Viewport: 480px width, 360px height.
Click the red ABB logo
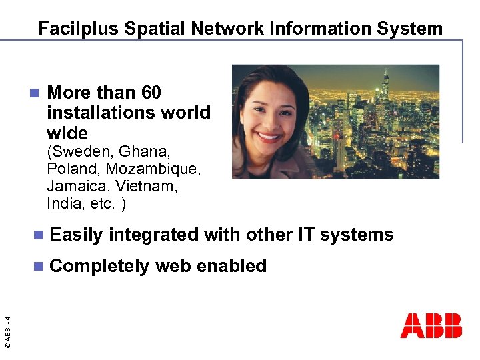click(x=431, y=326)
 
